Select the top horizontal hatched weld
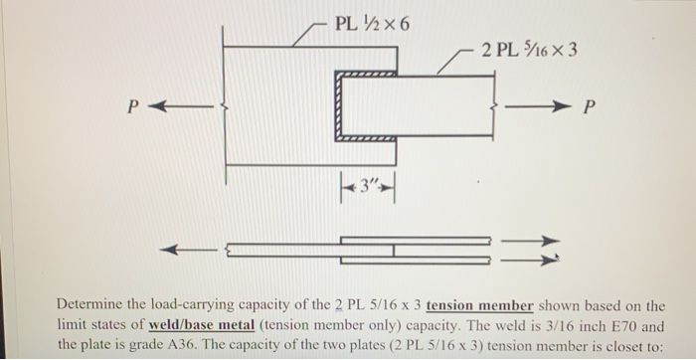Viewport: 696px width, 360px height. (368, 74)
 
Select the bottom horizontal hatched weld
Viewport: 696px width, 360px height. (368, 140)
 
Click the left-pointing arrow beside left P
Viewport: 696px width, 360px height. (184, 105)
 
